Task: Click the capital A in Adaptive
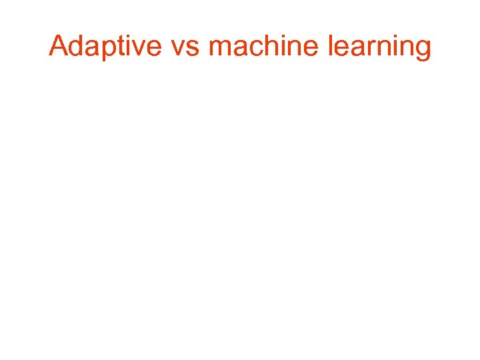point(58,47)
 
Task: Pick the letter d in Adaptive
point(75,47)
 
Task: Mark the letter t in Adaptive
point(115,47)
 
